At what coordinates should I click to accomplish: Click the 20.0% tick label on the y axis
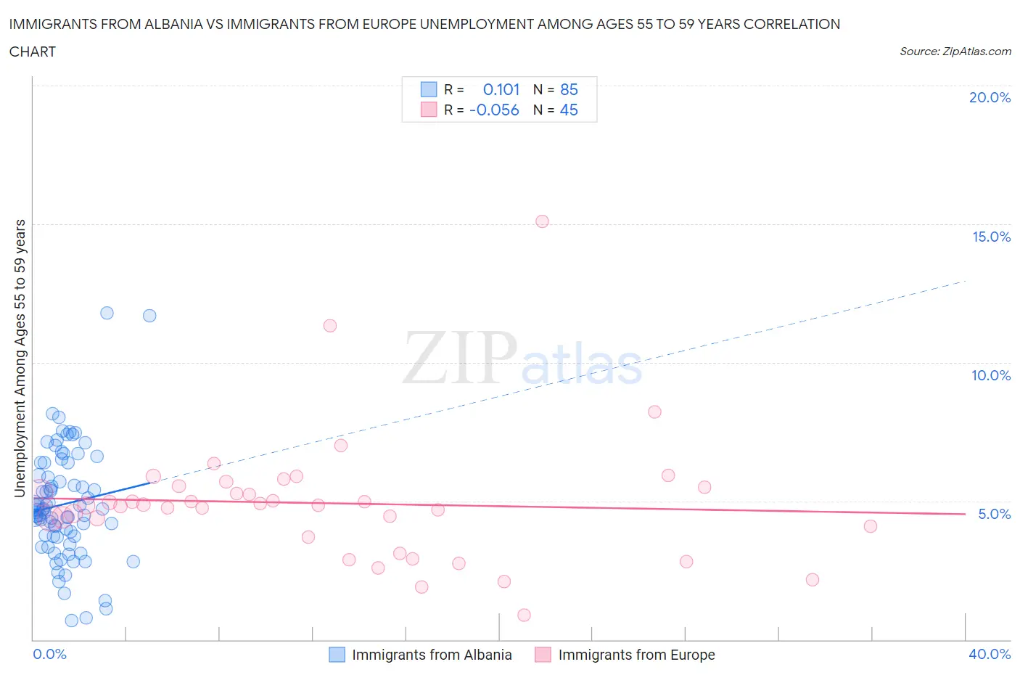[990, 97]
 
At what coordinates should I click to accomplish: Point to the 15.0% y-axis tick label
[991, 237]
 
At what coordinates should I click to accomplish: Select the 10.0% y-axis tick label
[991, 375]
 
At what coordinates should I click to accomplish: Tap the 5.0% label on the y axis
[994, 514]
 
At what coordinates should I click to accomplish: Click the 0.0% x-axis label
[49, 654]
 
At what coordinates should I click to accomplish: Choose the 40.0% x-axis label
[990, 654]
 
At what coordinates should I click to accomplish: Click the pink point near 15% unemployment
[542, 221]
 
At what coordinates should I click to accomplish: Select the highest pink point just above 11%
[330, 325]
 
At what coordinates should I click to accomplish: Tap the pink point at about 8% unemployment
[654, 412]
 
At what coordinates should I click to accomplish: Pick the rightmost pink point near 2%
[813, 579]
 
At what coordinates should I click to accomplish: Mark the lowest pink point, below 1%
[524, 615]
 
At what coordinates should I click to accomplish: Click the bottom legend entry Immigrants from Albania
[432, 655]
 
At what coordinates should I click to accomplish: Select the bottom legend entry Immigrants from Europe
[636, 655]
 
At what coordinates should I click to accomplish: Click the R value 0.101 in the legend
[501, 89]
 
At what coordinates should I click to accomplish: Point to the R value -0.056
[494, 110]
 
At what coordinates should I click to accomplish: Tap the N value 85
[569, 89]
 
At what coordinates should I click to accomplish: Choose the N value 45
[569, 110]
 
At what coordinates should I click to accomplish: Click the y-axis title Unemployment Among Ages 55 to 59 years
[20, 358]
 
